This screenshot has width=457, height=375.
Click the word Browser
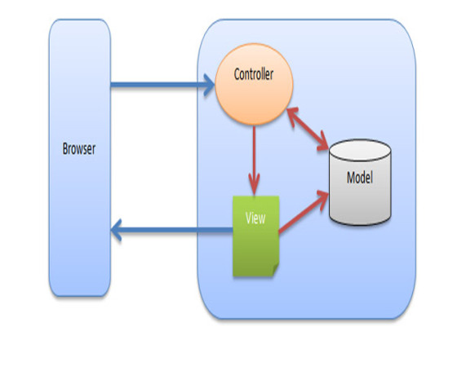[79, 149]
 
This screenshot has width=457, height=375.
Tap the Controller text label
[253, 75]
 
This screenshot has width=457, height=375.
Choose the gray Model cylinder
[359, 196]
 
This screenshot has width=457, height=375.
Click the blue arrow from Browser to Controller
[159, 82]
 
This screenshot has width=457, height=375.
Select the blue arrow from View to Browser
[171, 231]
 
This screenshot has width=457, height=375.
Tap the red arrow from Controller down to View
[255, 159]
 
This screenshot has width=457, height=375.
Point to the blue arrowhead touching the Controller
[209, 82]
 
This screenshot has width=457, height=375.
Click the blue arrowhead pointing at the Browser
[119, 231]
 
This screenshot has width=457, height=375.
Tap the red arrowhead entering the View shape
[255, 186]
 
